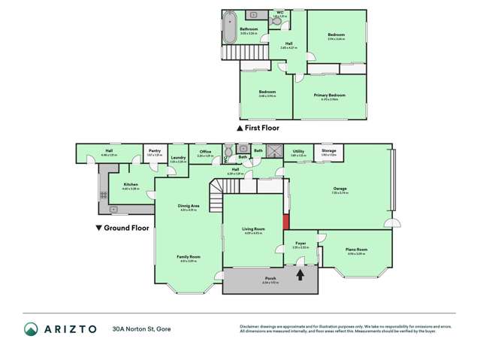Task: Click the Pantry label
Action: (154, 151)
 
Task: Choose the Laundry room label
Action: (177, 158)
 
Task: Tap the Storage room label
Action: (328, 151)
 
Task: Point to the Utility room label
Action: (298, 151)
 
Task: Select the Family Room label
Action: (189, 256)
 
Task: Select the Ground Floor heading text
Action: (127, 227)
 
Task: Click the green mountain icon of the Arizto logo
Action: (31, 329)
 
